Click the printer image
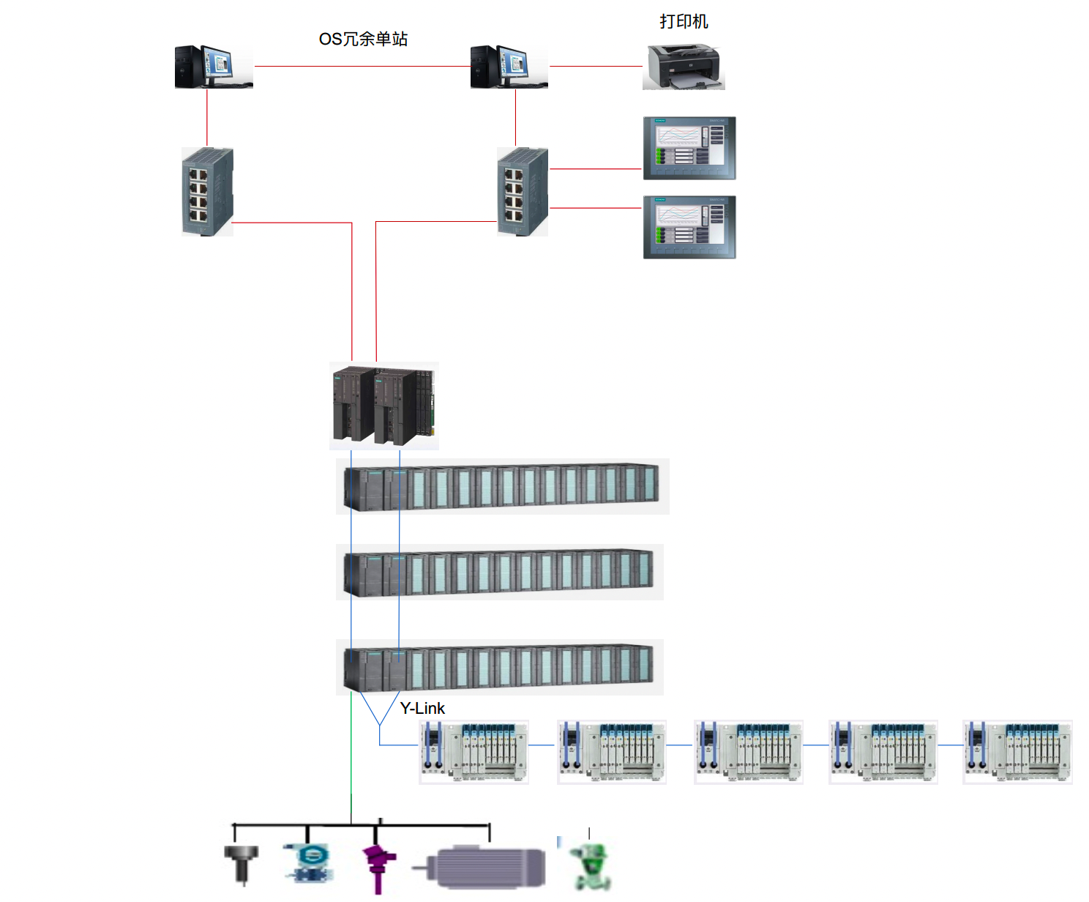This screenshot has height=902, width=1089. tap(684, 67)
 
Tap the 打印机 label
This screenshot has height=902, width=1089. tap(684, 22)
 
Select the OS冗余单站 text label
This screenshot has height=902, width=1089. tap(363, 40)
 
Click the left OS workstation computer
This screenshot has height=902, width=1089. tap(213, 67)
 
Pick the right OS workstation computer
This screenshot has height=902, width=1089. tap(509, 67)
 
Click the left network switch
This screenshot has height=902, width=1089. tap(207, 192)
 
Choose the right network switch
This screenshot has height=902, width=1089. tap(523, 192)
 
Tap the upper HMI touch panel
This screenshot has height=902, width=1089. tap(689, 148)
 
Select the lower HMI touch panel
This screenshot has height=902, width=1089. tap(689, 227)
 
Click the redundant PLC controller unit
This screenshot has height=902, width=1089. tap(383, 406)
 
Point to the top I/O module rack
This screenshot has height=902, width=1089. tap(502, 486)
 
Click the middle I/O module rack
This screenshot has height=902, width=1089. tap(499, 572)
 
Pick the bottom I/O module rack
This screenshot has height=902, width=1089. tap(499, 667)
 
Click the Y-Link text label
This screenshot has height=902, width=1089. tap(422, 708)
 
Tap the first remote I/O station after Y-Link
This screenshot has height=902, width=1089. tap(474, 751)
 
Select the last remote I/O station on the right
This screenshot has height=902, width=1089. tap(1017, 751)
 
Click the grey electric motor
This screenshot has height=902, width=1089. tap(487, 868)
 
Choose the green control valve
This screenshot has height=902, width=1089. tap(591, 866)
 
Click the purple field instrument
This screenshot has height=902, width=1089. tap(378, 864)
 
